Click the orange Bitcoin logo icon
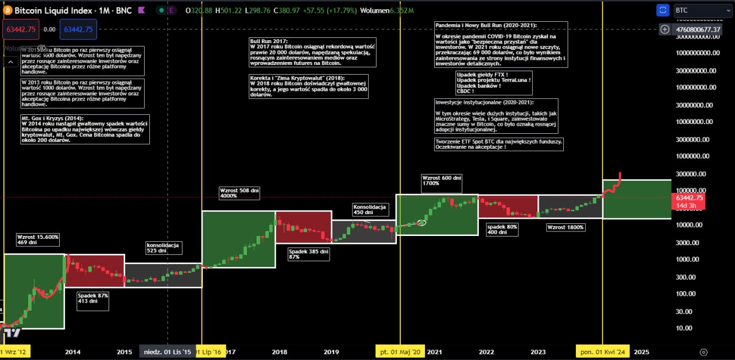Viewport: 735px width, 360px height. click(x=8, y=10)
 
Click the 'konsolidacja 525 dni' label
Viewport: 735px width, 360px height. click(x=164, y=247)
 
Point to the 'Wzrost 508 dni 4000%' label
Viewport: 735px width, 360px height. click(x=239, y=193)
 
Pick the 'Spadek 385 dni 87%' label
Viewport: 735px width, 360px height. click(x=309, y=254)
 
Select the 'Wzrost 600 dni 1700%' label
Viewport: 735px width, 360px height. click(x=442, y=181)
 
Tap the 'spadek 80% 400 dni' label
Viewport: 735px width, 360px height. click(x=502, y=229)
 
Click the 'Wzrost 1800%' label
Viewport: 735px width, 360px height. click(x=566, y=227)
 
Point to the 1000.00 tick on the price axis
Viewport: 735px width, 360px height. click(x=686, y=260)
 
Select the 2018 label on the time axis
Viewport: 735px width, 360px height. click(x=280, y=352)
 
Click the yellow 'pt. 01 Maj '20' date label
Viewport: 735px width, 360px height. click(x=399, y=352)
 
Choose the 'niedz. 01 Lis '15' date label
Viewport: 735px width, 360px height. click(x=168, y=352)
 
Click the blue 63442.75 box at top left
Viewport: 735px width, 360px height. click(x=79, y=29)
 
